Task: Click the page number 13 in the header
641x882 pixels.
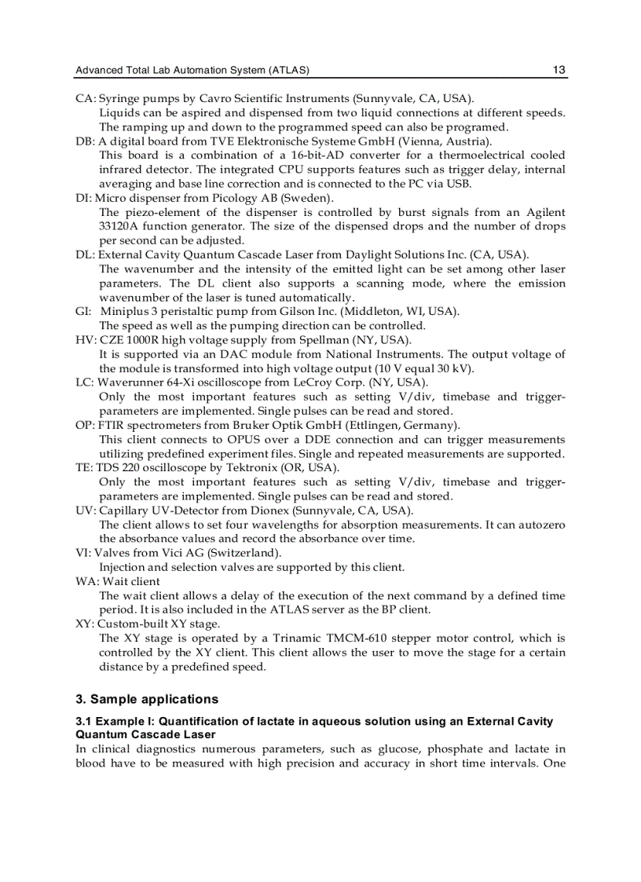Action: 559,70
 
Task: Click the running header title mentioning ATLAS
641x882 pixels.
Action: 192,71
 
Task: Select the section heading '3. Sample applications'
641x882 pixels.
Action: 147,699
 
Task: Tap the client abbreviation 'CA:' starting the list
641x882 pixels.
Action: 86,99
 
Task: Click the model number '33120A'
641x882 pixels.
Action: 119,227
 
